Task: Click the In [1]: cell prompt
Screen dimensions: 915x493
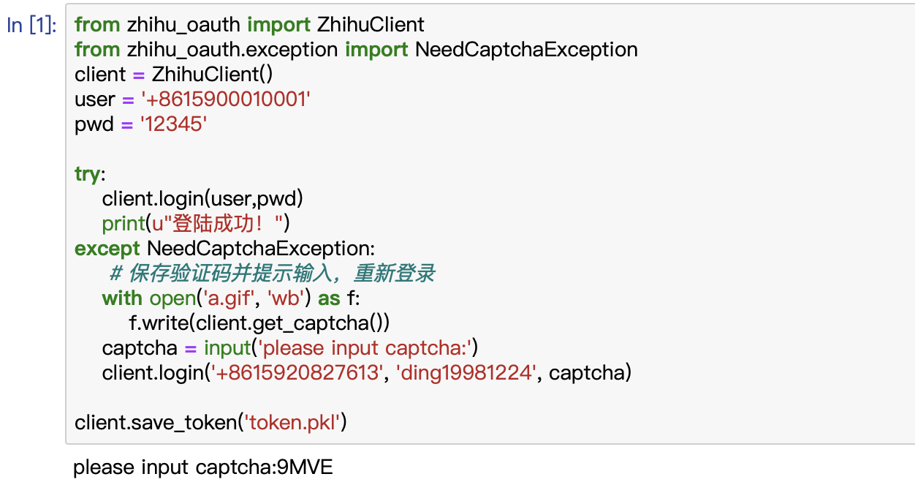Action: [31, 25]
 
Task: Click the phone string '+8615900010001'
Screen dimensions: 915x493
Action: [226, 99]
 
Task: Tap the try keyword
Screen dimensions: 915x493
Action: [88, 174]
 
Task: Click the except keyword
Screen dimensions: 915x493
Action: [107, 249]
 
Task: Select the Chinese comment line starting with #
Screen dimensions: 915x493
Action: [272, 274]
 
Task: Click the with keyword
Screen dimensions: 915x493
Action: [122, 298]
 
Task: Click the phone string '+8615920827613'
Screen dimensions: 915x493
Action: [297, 373]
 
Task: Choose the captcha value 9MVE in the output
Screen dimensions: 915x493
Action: [305, 467]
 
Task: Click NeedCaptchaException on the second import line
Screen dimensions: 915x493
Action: [526, 50]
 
